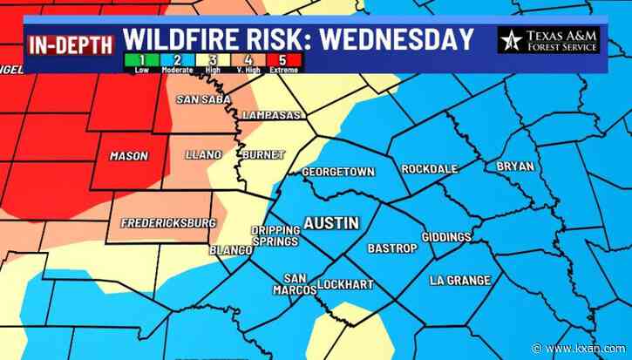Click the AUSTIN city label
click(x=330, y=223)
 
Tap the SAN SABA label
click(x=202, y=99)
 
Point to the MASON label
click(x=128, y=156)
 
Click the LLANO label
click(x=203, y=154)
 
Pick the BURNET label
click(x=262, y=154)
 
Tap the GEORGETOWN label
click(x=337, y=172)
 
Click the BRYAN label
click(x=515, y=166)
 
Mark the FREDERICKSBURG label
click(x=162, y=223)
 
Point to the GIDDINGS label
click(x=445, y=237)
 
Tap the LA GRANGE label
click(x=460, y=280)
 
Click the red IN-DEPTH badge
click(x=71, y=43)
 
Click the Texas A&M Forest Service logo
click(x=548, y=39)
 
